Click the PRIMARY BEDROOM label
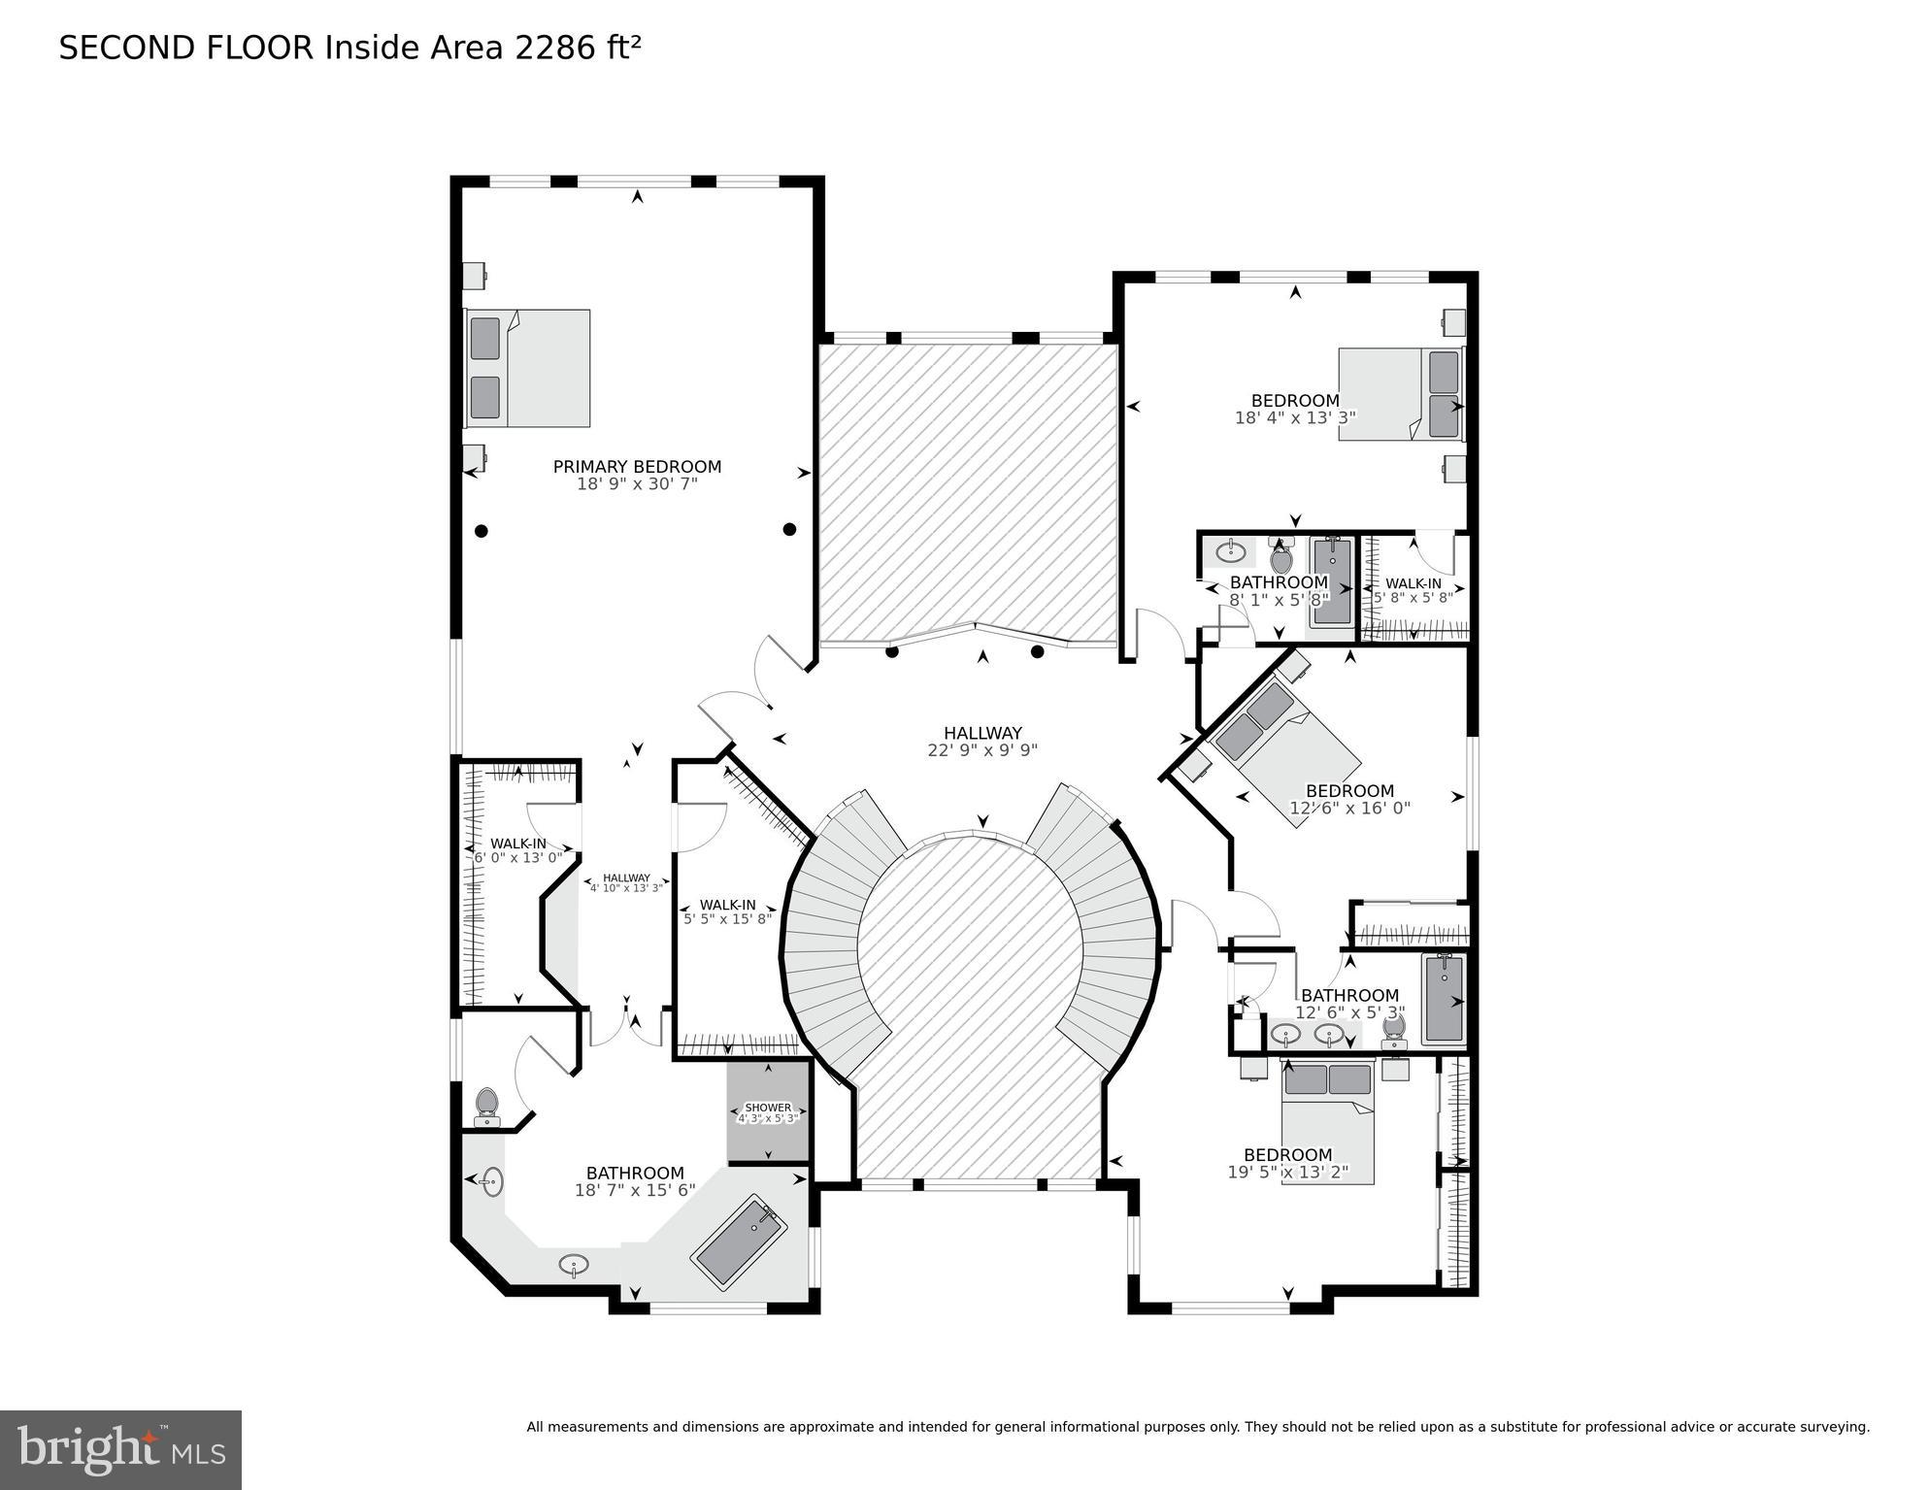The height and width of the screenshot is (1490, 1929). click(x=637, y=467)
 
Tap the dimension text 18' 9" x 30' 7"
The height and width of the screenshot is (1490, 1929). click(x=637, y=483)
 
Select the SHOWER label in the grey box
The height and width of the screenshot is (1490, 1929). click(x=768, y=1108)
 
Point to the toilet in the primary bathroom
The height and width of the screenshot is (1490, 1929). click(x=486, y=1106)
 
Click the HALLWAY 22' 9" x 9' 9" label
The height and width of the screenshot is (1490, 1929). click(x=982, y=742)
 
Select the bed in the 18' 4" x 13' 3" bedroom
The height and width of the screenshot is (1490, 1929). click(x=1400, y=394)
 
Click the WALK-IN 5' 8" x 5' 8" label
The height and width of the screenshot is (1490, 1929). click(x=1413, y=590)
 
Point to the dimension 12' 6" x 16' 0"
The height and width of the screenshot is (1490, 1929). click(x=1349, y=808)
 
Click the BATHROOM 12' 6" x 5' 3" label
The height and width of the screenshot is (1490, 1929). click(x=1349, y=1004)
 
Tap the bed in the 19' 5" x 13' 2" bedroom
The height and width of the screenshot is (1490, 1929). click(x=1327, y=1124)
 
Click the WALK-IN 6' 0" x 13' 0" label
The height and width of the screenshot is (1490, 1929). click(x=517, y=850)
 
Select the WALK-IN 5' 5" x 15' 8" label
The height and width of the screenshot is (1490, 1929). click(x=727, y=912)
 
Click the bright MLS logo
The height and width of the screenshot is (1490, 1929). click(x=120, y=1450)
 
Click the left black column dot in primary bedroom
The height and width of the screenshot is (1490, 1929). click(x=481, y=531)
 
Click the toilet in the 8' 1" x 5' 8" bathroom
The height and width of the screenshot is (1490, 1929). click(x=1281, y=558)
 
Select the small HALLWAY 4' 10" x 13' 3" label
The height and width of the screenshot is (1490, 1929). click(x=626, y=882)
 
